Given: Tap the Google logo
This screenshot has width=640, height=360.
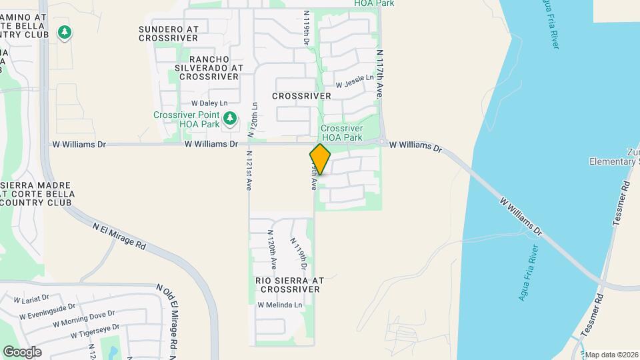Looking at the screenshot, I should [x=22, y=352].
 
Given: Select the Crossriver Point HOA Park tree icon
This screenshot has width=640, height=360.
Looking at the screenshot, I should [x=230, y=119].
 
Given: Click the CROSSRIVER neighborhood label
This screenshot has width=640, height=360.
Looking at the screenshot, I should [x=301, y=96].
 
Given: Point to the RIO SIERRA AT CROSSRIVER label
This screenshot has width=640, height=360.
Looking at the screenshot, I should [x=289, y=285].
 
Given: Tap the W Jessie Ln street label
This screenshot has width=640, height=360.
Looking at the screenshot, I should [x=354, y=81].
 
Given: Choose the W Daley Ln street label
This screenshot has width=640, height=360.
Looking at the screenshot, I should [x=209, y=103].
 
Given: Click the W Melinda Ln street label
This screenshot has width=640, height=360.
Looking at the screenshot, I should [x=280, y=305].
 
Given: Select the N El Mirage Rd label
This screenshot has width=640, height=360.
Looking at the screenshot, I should [x=119, y=236].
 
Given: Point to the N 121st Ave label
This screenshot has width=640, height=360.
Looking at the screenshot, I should [x=247, y=171].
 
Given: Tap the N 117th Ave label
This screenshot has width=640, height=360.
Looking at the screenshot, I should [x=379, y=74].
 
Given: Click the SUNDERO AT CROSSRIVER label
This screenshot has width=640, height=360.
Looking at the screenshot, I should [x=169, y=33].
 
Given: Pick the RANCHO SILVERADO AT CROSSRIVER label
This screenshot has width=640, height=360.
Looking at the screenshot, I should [x=209, y=67].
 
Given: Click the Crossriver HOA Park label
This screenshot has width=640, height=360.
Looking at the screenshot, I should [x=341, y=133].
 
